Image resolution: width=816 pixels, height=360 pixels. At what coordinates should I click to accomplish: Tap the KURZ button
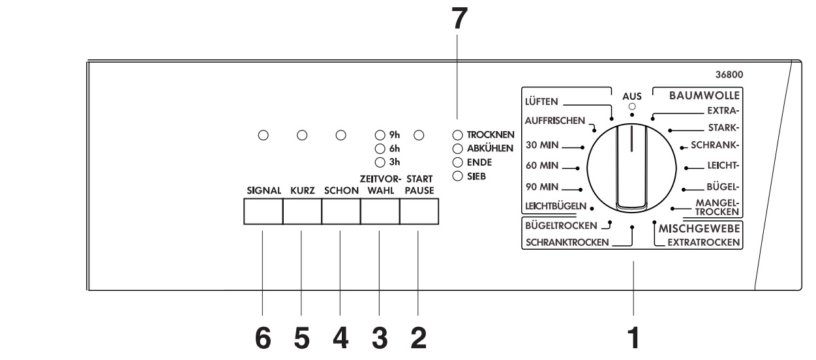tap(302, 212)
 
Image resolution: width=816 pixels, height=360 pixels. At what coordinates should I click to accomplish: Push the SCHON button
tap(341, 212)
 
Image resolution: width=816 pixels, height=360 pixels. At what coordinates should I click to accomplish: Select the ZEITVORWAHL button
tap(380, 212)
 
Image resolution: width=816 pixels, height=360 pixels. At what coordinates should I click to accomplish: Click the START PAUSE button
tap(418, 212)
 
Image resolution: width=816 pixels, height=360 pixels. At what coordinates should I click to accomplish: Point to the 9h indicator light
tap(380, 136)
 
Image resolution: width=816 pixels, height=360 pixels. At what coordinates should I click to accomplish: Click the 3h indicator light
tap(380, 162)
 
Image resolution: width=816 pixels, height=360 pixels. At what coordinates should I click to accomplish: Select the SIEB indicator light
tap(457, 175)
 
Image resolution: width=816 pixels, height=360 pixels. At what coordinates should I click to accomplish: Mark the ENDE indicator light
tap(457, 162)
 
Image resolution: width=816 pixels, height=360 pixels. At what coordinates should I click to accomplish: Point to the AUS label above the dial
tap(631, 96)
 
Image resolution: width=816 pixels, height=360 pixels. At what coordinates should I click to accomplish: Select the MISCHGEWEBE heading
tap(700, 229)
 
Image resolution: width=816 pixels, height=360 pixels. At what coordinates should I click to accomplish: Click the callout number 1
tap(632, 338)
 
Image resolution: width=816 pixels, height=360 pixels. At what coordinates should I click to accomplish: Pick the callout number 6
tap(263, 338)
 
